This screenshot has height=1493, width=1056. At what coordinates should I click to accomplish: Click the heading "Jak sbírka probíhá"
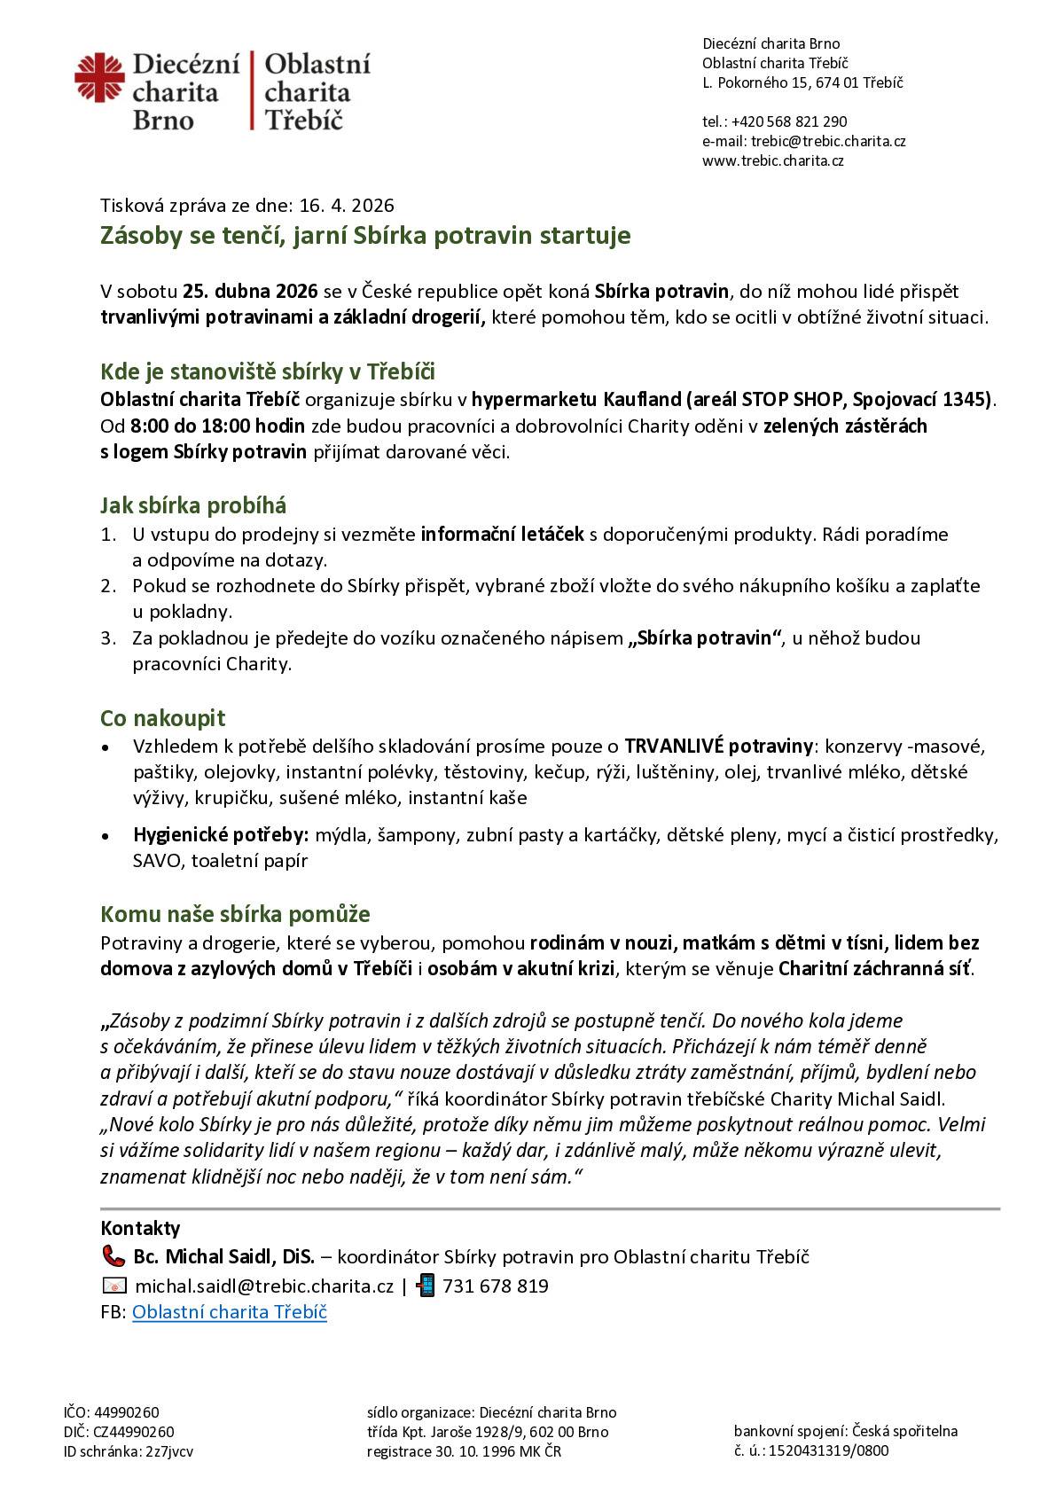pyautogui.click(x=193, y=506)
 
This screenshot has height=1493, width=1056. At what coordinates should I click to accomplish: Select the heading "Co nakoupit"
pyautogui.click(x=162, y=717)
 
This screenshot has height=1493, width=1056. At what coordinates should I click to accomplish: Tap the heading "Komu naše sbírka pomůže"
pyautogui.click(x=235, y=914)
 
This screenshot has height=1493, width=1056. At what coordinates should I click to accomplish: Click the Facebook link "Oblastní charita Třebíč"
pyautogui.click(x=230, y=1312)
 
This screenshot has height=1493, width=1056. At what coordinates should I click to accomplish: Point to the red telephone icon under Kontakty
pyautogui.click(x=113, y=1256)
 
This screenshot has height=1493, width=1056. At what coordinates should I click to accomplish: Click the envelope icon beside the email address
pyautogui.click(x=114, y=1286)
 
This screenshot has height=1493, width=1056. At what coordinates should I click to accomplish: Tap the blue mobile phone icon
pyautogui.click(x=426, y=1286)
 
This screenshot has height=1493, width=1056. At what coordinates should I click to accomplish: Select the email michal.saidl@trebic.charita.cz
pyautogui.click(x=264, y=1286)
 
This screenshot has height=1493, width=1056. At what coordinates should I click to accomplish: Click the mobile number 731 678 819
pyautogui.click(x=495, y=1286)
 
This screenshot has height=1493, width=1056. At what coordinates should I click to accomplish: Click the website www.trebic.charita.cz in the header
pyautogui.click(x=772, y=160)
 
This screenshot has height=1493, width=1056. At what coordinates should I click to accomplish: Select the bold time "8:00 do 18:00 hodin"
pyautogui.click(x=217, y=426)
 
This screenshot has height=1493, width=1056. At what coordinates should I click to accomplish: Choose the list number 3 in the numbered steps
pyautogui.click(x=108, y=638)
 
